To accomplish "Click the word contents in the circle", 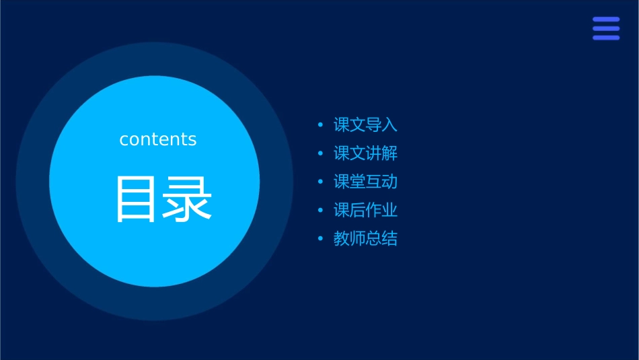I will tap(158, 139).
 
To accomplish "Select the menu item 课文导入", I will tap(365, 125).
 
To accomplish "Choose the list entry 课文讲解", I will tap(365, 153).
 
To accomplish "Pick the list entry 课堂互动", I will tap(365, 182).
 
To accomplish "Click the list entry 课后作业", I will tap(365, 210).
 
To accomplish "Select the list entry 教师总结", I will tap(365, 239).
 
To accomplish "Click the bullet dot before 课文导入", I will tap(320, 125).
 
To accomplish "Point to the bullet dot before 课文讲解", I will tap(320, 153).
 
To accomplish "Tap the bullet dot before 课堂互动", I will tap(320, 182).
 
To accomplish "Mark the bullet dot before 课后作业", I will tap(320, 210).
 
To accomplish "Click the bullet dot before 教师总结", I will tap(320, 239).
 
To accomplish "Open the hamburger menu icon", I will tap(606, 28).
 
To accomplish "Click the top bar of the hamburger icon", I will tap(606, 20).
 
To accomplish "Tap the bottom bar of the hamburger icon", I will tap(606, 38).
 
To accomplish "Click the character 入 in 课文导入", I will tap(390, 125).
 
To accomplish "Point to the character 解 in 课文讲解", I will tap(390, 153).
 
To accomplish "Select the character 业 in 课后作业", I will tap(390, 210).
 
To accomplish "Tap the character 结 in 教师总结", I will tap(390, 239).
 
